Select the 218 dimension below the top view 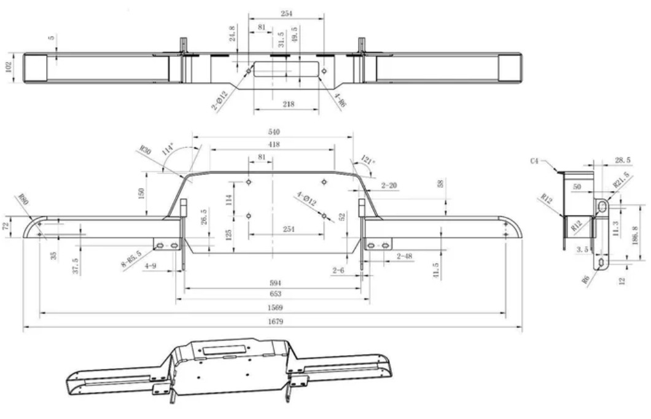tap(287, 104)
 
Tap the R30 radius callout tap(145, 150)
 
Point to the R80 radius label tap(23, 200)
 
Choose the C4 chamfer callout tap(535, 161)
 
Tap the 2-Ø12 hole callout tap(220, 99)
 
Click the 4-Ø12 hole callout tap(306, 199)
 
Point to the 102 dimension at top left tap(8, 66)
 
